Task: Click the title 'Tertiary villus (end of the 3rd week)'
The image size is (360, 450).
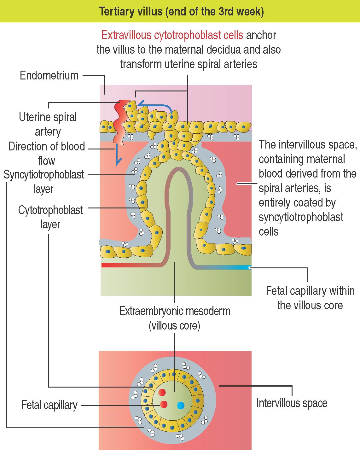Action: (181, 12)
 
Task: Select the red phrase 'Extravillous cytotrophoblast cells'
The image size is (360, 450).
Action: (172, 35)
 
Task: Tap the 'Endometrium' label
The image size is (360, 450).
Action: (49, 76)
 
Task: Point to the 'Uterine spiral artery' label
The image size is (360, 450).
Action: (48, 124)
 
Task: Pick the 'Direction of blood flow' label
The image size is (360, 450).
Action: (47, 154)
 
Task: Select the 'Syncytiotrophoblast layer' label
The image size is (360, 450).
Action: (44, 182)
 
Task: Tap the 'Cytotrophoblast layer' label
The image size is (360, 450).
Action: (50, 217)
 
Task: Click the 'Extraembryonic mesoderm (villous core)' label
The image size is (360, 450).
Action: (175, 318)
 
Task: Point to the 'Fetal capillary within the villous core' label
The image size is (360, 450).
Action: (310, 298)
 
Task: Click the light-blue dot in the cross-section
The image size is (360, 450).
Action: (181, 405)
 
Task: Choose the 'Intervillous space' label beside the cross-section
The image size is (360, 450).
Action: (292, 403)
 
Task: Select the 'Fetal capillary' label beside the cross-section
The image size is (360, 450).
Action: (49, 405)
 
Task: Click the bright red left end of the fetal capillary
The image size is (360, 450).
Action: (106, 265)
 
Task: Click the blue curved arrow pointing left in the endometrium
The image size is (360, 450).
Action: (154, 105)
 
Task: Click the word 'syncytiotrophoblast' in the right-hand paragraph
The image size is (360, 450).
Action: (301, 217)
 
